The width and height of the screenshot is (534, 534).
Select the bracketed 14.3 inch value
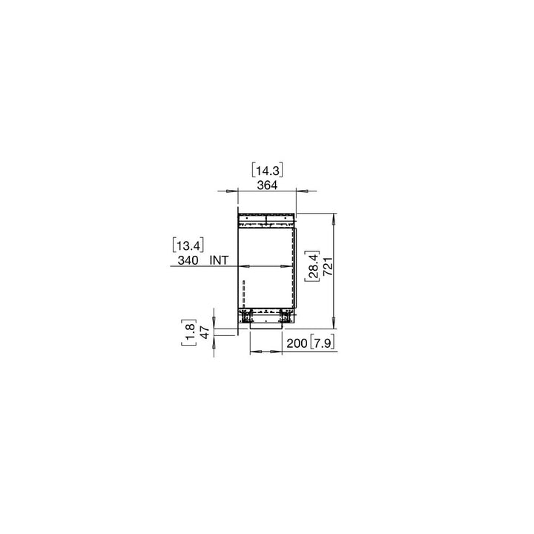click(x=267, y=169)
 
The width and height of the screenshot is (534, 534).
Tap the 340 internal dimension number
click(x=188, y=260)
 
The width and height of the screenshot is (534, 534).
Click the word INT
click(x=220, y=260)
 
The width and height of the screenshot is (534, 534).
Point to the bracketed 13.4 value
click(x=188, y=244)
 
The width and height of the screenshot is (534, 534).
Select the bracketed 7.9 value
click(x=322, y=343)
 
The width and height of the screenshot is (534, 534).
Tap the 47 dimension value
click(x=205, y=332)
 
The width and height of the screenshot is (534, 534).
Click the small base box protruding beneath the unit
click(x=266, y=324)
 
